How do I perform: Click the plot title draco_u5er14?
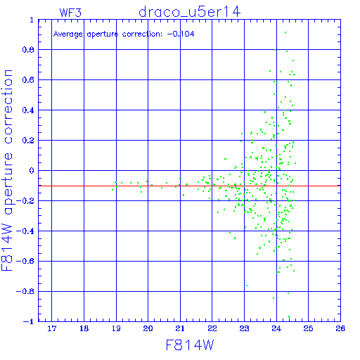(x=189, y=12)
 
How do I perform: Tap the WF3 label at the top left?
(x=70, y=13)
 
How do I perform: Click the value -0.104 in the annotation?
(x=181, y=34)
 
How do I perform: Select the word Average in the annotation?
(x=68, y=34)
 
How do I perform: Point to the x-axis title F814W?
(x=190, y=345)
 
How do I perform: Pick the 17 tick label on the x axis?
(x=52, y=328)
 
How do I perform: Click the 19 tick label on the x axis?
(x=116, y=328)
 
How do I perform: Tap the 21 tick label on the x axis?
(x=180, y=328)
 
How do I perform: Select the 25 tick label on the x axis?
(x=308, y=328)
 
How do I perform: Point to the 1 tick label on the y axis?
(x=32, y=20)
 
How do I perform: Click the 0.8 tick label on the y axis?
(x=28, y=50)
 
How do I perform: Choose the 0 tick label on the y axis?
(x=32, y=171)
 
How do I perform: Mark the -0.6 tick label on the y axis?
(x=25, y=261)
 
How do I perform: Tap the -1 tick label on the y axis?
(x=29, y=321)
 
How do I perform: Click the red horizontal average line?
(x=189, y=186)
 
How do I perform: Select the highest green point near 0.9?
(x=285, y=32)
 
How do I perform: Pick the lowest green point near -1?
(x=289, y=316)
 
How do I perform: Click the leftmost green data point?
(x=112, y=190)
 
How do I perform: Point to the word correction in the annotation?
(x=142, y=34)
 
